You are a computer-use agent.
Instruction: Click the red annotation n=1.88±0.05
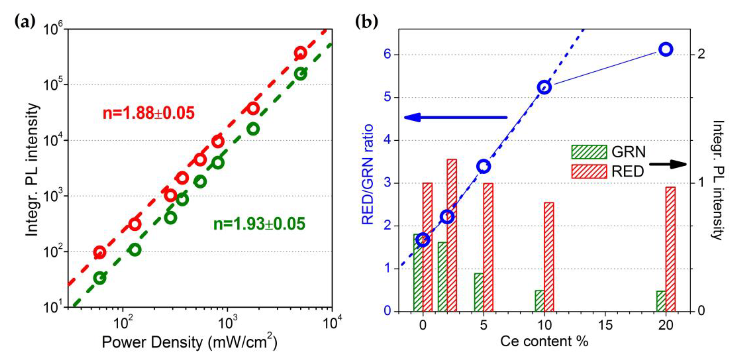[x=148, y=113]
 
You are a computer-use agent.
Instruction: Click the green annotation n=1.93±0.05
[x=259, y=224]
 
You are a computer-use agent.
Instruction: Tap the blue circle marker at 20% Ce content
[x=666, y=49]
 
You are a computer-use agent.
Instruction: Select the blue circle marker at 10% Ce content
[x=544, y=88]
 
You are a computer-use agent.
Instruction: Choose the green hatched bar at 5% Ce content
[x=479, y=292]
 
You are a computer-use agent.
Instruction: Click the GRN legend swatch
[x=589, y=152]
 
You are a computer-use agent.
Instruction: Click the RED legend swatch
[x=589, y=172]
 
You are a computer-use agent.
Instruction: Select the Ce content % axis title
[x=544, y=341]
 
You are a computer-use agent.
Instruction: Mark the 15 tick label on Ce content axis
[x=605, y=325]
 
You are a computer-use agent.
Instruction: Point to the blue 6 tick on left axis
[x=387, y=55]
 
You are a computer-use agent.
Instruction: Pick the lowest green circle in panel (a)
[x=100, y=278]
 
